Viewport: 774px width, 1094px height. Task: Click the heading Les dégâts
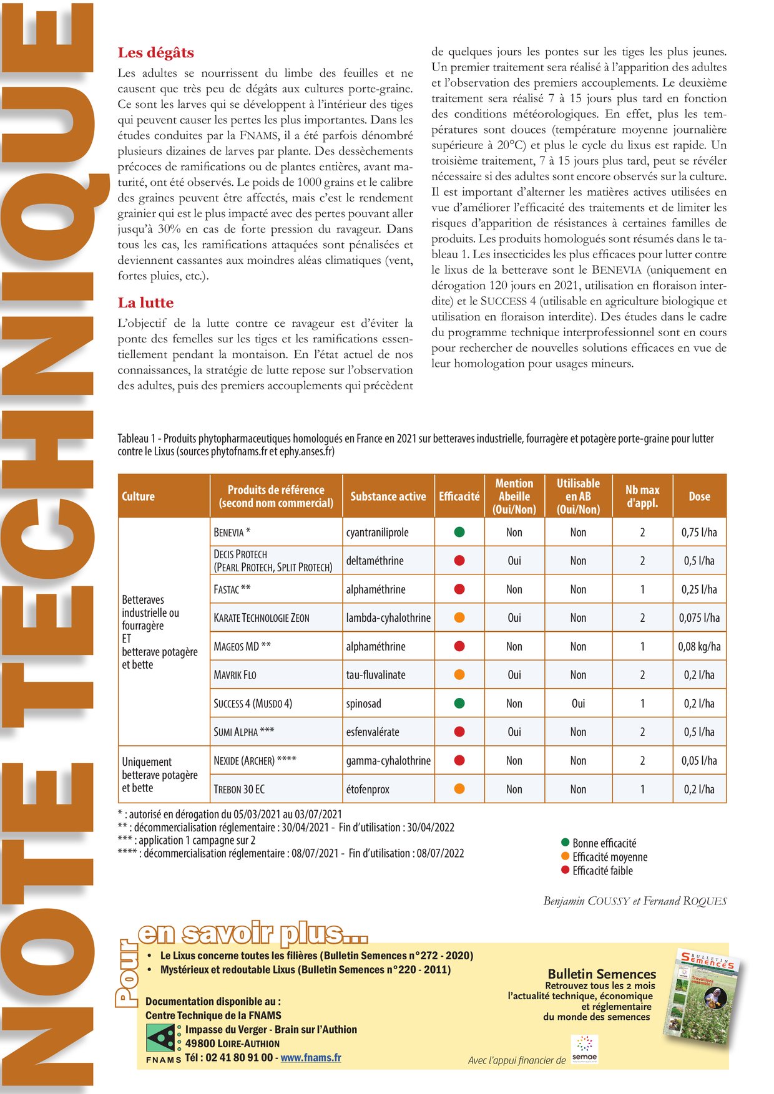(155, 52)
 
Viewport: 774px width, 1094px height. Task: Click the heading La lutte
(145, 303)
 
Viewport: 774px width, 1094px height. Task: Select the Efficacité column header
(459, 496)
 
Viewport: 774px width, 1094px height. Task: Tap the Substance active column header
(388, 496)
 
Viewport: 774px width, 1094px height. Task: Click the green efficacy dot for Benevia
(459, 532)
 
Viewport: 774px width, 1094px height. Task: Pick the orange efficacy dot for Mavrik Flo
(459, 674)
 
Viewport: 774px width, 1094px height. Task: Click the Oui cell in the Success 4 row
(578, 704)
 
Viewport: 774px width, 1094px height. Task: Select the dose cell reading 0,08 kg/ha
(699, 646)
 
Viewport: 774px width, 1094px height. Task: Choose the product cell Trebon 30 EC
(239, 789)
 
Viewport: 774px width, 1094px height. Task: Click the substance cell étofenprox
(368, 789)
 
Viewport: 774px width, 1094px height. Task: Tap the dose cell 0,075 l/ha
(699, 617)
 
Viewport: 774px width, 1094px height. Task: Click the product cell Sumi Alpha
(243, 732)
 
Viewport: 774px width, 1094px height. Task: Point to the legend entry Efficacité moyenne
(609, 857)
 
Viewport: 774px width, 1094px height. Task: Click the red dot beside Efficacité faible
(566, 870)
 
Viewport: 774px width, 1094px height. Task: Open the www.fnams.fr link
(311, 1057)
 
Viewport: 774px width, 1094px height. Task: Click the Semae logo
(584, 1049)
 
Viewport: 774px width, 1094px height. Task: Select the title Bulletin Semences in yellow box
(602, 974)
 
